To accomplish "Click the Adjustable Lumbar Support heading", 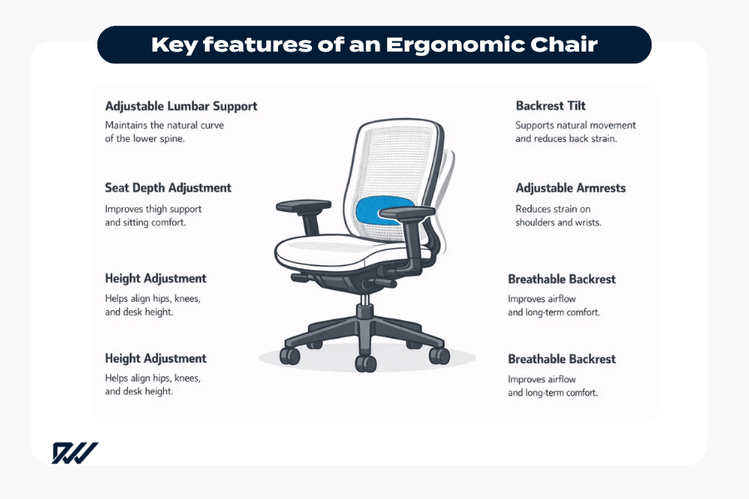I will click(x=181, y=106).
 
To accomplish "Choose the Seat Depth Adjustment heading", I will click(x=168, y=188).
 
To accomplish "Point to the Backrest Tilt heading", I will click(x=550, y=106).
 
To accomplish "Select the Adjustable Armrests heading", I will click(x=570, y=188).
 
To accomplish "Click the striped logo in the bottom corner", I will click(x=75, y=452).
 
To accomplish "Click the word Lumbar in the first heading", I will click(x=188, y=106).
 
